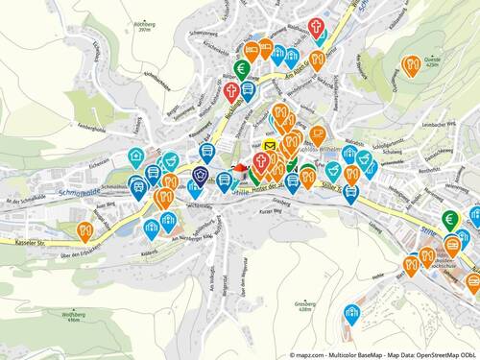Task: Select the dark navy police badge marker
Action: click(200, 174)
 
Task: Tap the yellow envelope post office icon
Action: click(270, 146)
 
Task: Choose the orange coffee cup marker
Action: click(317, 133)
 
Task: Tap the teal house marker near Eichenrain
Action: click(136, 156)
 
